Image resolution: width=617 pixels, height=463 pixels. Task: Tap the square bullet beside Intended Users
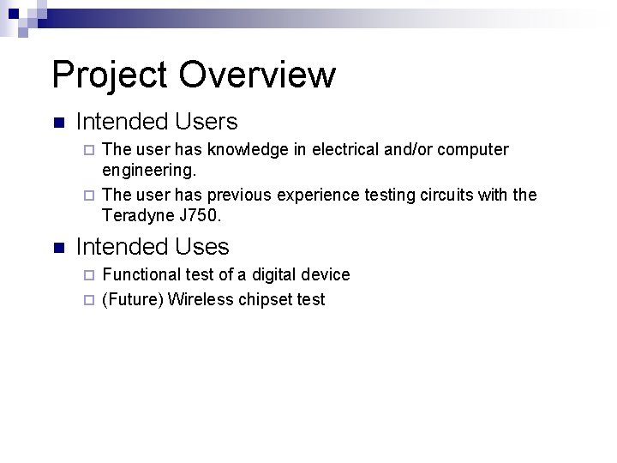57,123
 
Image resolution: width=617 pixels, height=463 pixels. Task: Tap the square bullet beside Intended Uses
57,249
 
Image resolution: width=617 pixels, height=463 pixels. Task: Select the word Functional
141,274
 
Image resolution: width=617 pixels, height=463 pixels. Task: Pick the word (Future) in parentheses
132,299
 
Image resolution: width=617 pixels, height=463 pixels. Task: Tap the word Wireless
199,299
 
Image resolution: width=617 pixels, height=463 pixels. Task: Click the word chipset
264,300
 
